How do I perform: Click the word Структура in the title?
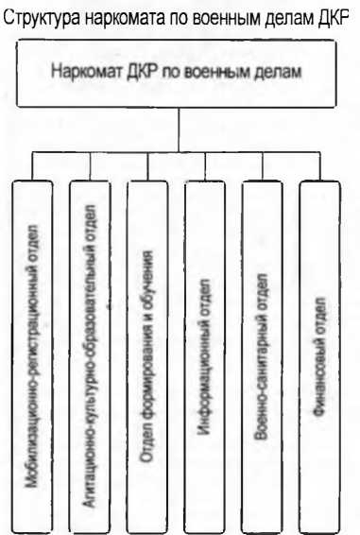tap(42, 17)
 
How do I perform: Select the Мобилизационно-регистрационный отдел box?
tap(32, 357)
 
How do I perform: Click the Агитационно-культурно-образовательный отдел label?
tap(90, 355)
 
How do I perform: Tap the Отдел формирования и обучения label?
tap(147, 356)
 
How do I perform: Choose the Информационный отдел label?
tap(205, 357)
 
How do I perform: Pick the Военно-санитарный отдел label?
tap(263, 356)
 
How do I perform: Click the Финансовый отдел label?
tap(320, 356)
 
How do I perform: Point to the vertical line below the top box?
tap(179, 129)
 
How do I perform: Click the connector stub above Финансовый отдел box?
tap(320, 165)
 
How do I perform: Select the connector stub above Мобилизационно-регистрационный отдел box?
tap(32, 165)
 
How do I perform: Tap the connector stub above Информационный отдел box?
tap(205, 165)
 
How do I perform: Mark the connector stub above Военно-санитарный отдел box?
tap(263, 165)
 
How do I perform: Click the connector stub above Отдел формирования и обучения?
tap(147, 165)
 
